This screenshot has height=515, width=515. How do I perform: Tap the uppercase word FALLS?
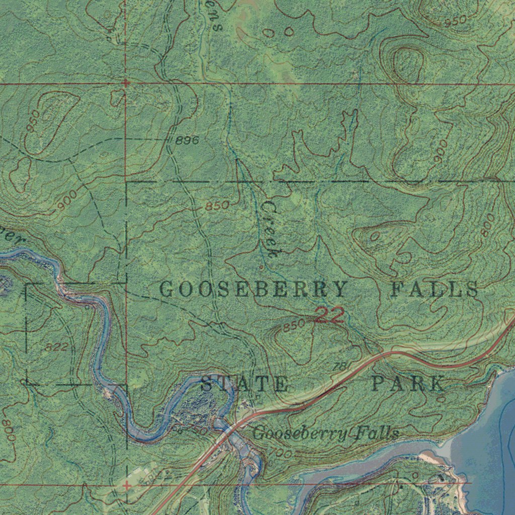click(435, 290)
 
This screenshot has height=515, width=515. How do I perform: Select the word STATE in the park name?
click(244, 384)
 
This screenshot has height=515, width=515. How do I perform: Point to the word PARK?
click(408, 384)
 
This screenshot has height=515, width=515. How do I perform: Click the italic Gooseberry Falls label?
click(326, 433)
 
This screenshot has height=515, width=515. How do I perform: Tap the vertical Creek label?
click(270, 229)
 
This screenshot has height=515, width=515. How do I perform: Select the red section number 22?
click(329, 316)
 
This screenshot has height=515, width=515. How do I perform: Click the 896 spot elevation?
click(187, 141)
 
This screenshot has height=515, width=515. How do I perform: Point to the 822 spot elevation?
click(56, 347)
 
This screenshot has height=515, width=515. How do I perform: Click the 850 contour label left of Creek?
click(217, 206)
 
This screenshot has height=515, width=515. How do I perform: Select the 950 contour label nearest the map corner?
click(455, 21)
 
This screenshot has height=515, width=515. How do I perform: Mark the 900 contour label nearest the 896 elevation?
click(67, 200)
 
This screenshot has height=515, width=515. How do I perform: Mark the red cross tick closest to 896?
click(126, 82)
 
